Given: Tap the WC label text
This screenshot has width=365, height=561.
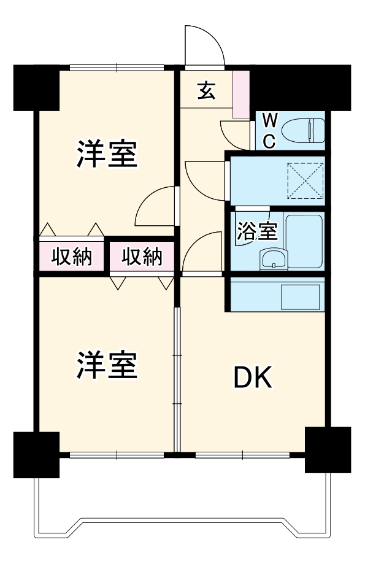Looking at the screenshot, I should click(269, 130).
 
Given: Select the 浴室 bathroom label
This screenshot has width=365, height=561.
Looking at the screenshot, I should click(258, 231).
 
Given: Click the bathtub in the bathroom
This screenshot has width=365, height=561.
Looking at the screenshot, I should click(305, 241).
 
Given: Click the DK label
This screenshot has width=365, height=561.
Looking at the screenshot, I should click(253, 379).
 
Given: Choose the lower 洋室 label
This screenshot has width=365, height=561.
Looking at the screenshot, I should click(106, 365).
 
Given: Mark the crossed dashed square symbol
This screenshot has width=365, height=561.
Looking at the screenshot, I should click(305, 180).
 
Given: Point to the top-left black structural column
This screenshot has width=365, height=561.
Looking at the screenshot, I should click(36, 87).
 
